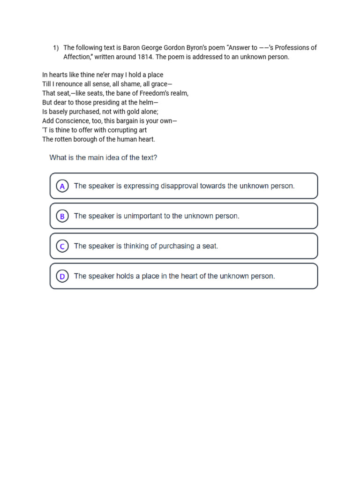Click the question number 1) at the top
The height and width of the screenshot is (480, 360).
[x=56, y=48]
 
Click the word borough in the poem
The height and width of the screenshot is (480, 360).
[x=90, y=139]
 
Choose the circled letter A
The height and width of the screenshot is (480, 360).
[x=62, y=186]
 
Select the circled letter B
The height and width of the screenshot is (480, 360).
[x=62, y=216]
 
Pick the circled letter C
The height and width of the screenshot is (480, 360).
[x=62, y=246]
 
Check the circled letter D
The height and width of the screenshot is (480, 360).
[x=62, y=276]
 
